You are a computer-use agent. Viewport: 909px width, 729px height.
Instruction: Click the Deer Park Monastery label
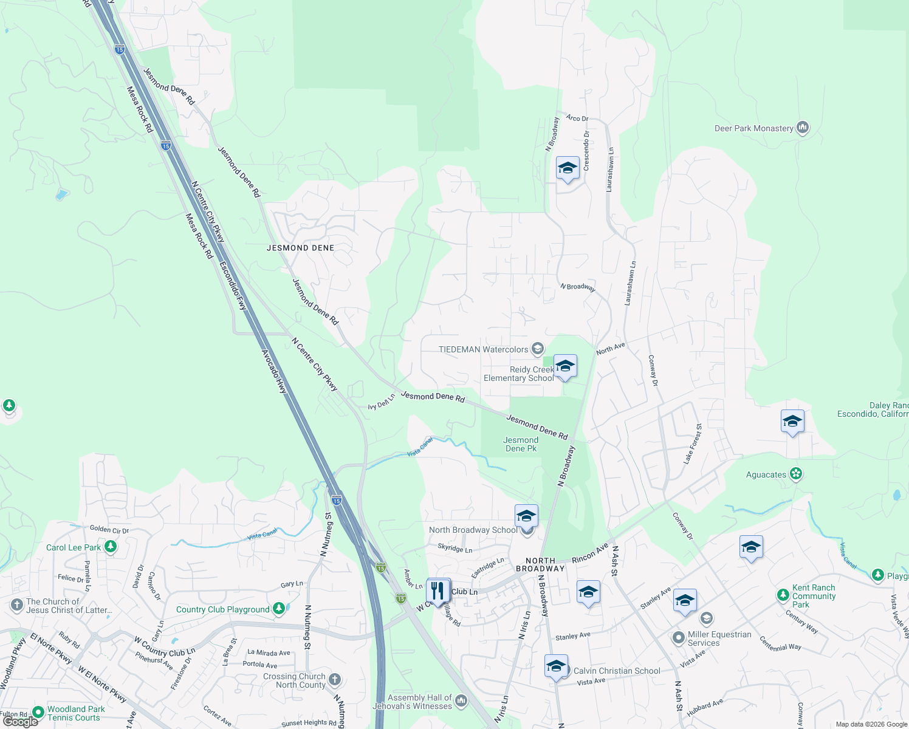[x=753, y=128]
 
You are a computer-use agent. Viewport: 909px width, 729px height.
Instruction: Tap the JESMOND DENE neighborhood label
[x=300, y=248]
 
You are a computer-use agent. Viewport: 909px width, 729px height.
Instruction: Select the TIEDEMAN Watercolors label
[x=483, y=349]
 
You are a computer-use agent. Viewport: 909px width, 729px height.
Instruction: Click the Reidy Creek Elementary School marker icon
[x=565, y=366]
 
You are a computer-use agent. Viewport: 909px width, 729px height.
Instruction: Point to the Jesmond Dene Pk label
[x=521, y=444]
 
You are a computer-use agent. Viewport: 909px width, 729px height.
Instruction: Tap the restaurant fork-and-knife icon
[x=438, y=590]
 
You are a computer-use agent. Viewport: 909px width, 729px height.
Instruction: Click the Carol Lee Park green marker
[x=110, y=547]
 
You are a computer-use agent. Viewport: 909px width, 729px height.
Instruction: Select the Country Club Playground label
[x=222, y=609]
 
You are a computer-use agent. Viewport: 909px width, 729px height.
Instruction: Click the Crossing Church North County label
[x=294, y=680]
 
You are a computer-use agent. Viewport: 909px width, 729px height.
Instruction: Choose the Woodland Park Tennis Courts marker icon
[x=38, y=711]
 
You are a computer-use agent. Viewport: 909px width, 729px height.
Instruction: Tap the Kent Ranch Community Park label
[x=814, y=596]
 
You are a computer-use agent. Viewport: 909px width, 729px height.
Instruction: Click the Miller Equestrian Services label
[x=719, y=638]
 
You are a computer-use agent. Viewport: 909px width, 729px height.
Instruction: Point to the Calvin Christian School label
[x=617, y=671]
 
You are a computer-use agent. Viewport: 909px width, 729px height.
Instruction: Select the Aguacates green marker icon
[x=796, y=474]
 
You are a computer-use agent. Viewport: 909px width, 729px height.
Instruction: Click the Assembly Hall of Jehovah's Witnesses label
[x=419, y=702]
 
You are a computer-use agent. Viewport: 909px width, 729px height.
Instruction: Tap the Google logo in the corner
[x=21, y=722]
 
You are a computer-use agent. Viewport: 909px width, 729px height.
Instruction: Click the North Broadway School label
[x=473, y=530]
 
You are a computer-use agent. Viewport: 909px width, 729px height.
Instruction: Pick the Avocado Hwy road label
[x=273, y=371]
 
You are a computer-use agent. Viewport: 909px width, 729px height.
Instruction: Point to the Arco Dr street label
[x=577, y=118]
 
